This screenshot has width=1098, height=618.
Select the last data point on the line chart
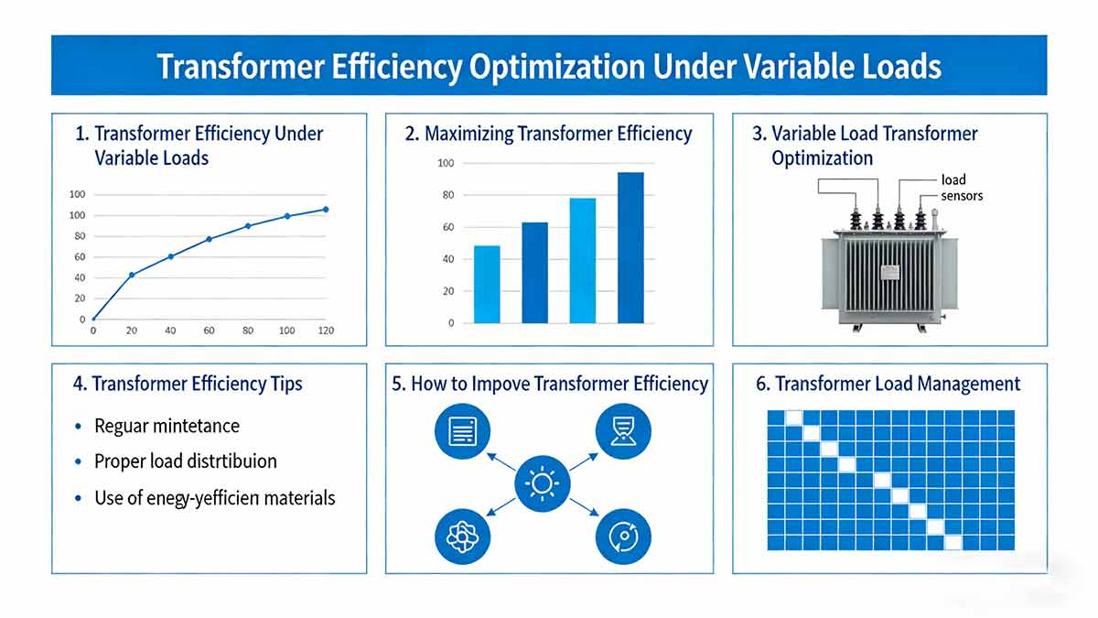click(326, 210)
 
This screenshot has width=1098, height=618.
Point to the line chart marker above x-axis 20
click(132, 275)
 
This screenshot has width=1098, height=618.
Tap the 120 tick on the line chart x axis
click(325, 330)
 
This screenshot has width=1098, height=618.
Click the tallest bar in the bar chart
click(630, 247)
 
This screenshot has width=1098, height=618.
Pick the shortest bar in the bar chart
click(487, 284)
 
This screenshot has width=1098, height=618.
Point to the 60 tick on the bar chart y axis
click(447, 227)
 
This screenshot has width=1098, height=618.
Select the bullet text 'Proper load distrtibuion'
click(185, 461)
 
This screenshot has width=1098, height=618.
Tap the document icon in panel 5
click(461, 430)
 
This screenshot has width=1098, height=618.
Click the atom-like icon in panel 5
click(461, 537)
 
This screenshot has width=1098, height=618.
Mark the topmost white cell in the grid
click(794, 417)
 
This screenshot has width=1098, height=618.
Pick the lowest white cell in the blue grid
click(953, 542)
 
